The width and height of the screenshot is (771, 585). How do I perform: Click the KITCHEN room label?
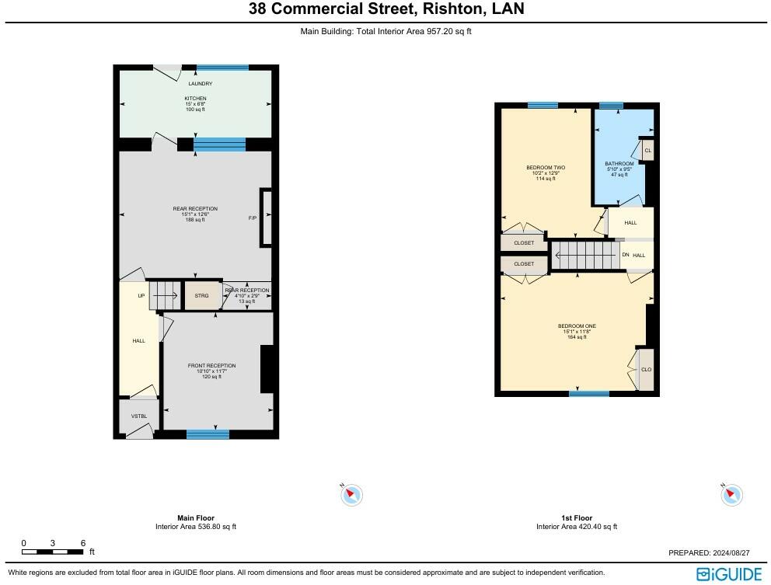pyautogui.click(x=195, y=99)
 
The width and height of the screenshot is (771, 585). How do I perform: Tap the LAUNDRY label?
pyautogui.click(x=200, y=84)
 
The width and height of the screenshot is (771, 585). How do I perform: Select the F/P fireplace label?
pyautogui.click(x=253, y=218)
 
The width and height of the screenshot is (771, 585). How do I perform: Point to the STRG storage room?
pyautogui.click(x=201, y=295)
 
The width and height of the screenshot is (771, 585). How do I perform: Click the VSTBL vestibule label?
pyautogui.click(x=139, y=416)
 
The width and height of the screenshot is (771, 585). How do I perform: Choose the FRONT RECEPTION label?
pyautogui.click(x=211, y=366)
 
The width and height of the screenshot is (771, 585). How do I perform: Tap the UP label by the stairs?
pyautogui.click(x=141, y=296)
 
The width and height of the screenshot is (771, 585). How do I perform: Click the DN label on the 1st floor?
pyautogui.click(x=626, y=255)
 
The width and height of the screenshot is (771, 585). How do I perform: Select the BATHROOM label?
pyautogui.click(x=619, y=164)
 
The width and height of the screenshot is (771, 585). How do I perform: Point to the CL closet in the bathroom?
pyautogui.click(x=647, y=151)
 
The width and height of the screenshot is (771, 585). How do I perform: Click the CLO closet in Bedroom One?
pyautogui.click(x=646, y=370)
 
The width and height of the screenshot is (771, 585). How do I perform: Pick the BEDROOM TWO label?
pyautogui.click(x=546, y=168)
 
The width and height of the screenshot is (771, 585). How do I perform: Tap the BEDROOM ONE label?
pyautogui.click(x=577, y=326)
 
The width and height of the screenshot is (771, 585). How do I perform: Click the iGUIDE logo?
pyautogui.click(x=729, y=574)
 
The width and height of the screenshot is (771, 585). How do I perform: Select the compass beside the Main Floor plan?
pyautogui.click(x=351, y=495)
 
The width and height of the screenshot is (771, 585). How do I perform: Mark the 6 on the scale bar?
pyautogui.click(x=82, y=543)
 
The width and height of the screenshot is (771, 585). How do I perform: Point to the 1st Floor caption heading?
pyautogui.click(x=577, y=517)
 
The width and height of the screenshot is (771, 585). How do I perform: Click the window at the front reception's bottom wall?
pyautogui.click(x=208, y=434)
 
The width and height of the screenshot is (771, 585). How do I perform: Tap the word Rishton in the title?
pyautogui.click(x=452, y=9)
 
